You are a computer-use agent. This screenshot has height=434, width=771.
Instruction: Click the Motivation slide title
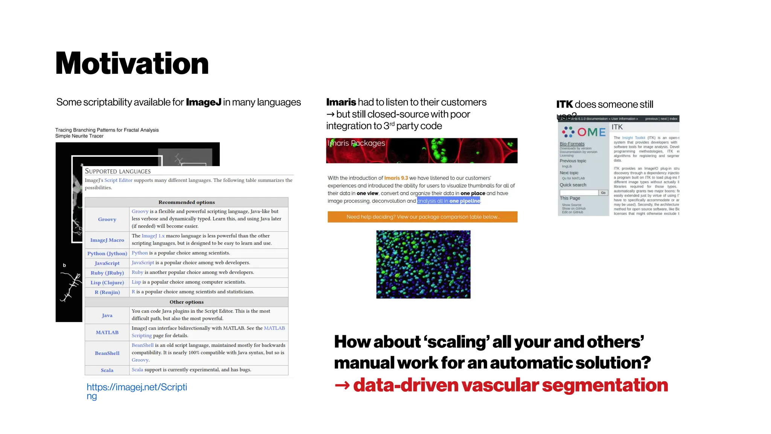(132, 63)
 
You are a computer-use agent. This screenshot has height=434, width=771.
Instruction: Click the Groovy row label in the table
(107, 219)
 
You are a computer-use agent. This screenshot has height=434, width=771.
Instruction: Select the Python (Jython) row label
(107, 254)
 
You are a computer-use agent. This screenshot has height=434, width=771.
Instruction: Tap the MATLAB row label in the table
(107, 332)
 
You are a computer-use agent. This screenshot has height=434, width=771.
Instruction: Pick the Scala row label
(107, 370)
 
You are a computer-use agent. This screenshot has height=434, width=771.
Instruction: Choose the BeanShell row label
(107, 353)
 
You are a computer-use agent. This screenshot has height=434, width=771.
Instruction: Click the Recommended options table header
(186, 202)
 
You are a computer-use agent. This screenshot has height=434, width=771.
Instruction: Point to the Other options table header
(186, 302)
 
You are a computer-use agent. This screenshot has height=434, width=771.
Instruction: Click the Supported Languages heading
(117, 171)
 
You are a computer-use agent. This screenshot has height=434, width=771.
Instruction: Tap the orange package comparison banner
(422, 217)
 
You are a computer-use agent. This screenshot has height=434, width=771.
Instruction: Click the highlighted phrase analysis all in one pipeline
(448, 201)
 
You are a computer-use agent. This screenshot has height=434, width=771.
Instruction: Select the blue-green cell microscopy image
(423, 264)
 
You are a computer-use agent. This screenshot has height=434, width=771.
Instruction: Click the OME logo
(584, 132)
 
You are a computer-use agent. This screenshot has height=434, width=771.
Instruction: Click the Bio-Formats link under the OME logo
(572, 144)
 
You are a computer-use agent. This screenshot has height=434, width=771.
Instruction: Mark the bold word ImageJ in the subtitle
(203, 102)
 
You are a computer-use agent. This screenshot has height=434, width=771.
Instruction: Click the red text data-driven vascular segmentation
(510, 385)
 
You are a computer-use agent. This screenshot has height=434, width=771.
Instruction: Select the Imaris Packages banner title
(357, 143)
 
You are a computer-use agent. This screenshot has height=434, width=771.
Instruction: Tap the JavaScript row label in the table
(107, 263)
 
